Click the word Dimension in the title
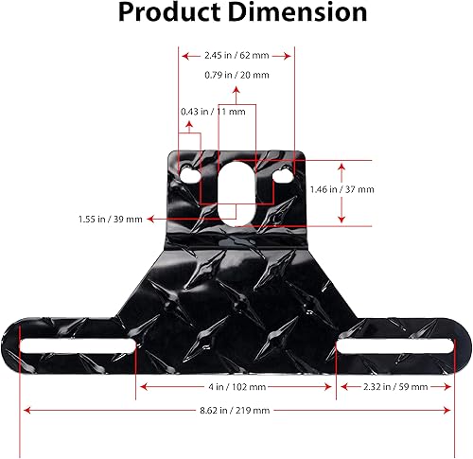(x=296, y=13)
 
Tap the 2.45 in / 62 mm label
(x=236, y=54)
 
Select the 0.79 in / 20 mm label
(x=236, y=75)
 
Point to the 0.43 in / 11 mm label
(x=213, y=112)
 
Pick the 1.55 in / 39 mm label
(x=111, y=219)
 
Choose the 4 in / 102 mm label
(x=237, y=386)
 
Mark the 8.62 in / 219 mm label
(x=236, y=411)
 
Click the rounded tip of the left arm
(x=11, y=345)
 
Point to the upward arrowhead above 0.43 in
(x=189, y=125)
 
